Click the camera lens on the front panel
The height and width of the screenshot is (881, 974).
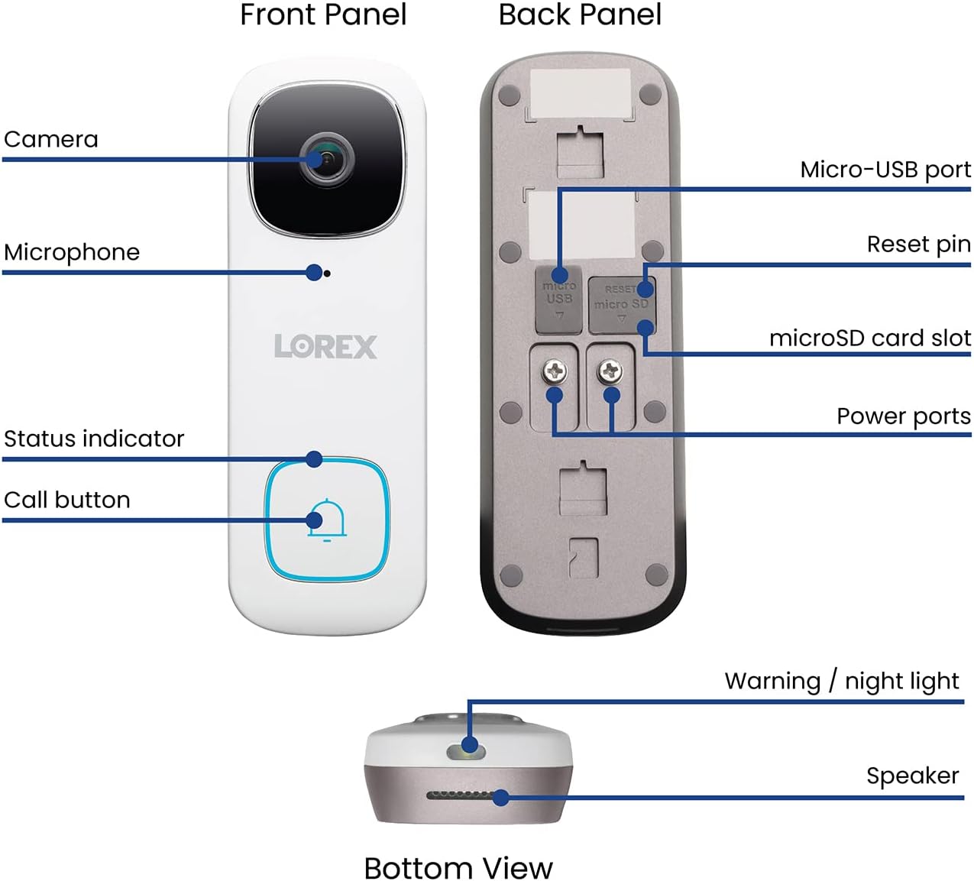(327, 159)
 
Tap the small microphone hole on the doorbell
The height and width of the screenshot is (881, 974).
(328, 273)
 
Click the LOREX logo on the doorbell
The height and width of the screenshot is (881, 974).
(325, 346)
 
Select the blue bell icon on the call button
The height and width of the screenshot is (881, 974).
(327, 520)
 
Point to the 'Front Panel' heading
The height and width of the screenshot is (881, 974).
(322, 15)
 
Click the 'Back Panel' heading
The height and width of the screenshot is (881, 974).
(580, 15)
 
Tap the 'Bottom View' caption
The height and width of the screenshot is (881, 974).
(458, 867)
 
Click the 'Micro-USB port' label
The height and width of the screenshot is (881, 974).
(885, 170)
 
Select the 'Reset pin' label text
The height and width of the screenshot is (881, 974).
(918, 245)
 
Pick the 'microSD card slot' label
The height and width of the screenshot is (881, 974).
(869, 338)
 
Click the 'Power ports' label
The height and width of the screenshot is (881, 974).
(903, 416)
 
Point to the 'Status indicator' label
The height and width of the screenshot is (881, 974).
(94, 439)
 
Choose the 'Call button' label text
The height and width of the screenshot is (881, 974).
(67, 500)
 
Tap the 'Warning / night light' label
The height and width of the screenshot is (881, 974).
(841, 680)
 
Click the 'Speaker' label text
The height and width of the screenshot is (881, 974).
(912, 776)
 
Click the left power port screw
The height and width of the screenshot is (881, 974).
(554, 372)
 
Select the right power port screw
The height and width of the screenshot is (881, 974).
(610, 372)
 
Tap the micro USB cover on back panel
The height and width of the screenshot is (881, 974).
(559, 300)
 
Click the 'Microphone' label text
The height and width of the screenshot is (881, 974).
(72, 252)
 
